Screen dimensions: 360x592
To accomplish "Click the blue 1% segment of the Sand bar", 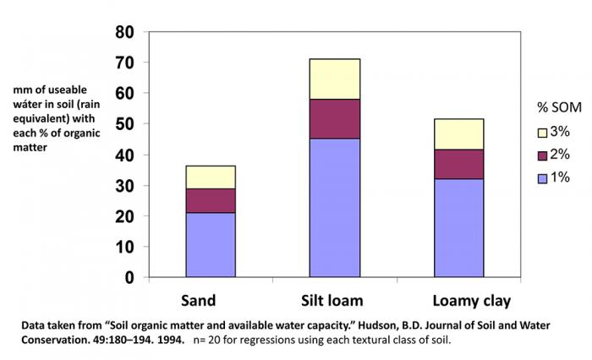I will (211, 244).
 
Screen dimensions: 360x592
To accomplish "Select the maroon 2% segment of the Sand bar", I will (211, 200).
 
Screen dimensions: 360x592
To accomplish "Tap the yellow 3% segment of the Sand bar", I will (211, 177).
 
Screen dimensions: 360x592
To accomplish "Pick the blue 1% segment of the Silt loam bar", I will (334, 207).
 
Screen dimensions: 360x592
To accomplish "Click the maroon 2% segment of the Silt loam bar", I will (334, 118).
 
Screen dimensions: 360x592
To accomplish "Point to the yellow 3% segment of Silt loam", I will (334, 79).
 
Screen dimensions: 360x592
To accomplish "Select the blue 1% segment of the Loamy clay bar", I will (458, 227).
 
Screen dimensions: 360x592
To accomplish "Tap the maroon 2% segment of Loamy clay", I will (458, 164).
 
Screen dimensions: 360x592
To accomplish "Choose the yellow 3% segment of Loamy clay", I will (458, 134).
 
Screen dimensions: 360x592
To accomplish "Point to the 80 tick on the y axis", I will (123, 32).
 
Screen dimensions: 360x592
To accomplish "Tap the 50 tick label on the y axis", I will (123, 124).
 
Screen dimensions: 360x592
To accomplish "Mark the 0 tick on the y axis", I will (129, 277).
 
